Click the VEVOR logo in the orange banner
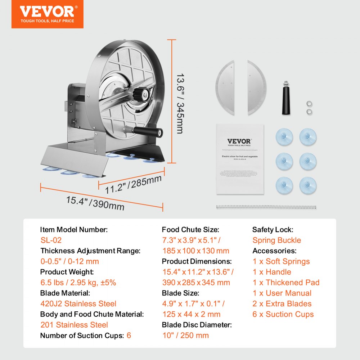click(47, 11)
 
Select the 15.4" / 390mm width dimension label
click(95, 203)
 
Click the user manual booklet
click(240, 159)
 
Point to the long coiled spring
click(266, 207)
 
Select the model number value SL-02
click(51, 240)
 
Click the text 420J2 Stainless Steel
click(78, 304)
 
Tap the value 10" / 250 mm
click(185, 336)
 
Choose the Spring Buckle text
click(276, 240)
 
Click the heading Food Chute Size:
click(190, 230)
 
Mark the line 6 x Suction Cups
click(283, 314)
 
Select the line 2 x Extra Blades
click(282, 304)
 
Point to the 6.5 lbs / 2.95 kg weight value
click(78, 283)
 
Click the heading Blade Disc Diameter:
click(197, 325)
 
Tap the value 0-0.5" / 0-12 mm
click(69, 261)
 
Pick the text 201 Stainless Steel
click(74, 325)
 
